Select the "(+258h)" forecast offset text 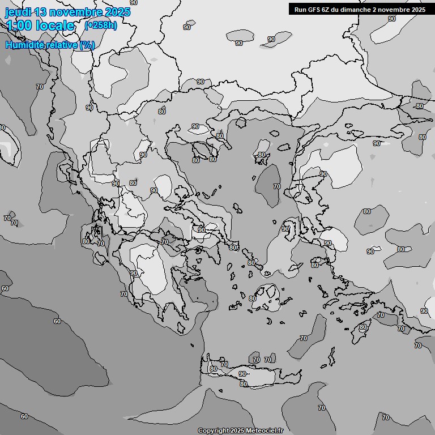[x=101, y=25]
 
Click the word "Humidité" [x=24, y=45]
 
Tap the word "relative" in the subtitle [x=62, y=45]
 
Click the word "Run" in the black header [x=301, y=9]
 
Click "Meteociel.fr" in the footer [x=265, y=431]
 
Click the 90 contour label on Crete [x=242, y=374]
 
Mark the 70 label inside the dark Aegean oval [x=277, y=186]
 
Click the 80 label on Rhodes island [x=363, y=327]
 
